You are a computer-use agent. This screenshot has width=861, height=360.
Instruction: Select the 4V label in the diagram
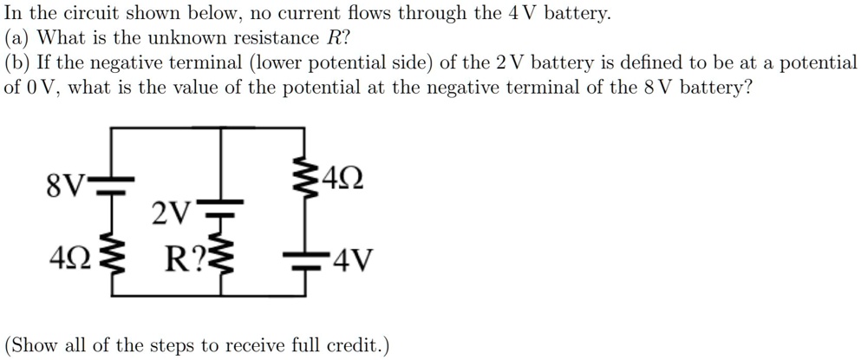[350, 259]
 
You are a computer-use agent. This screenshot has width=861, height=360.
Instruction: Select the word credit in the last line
[351, 345]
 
